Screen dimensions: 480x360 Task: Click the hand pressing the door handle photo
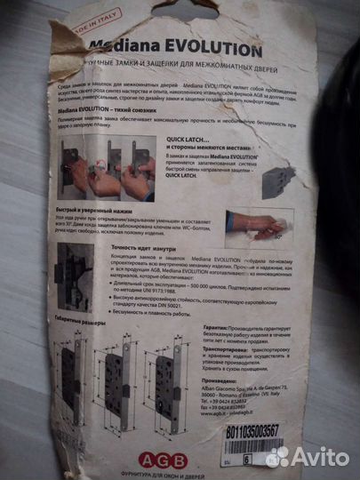[258, 225]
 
